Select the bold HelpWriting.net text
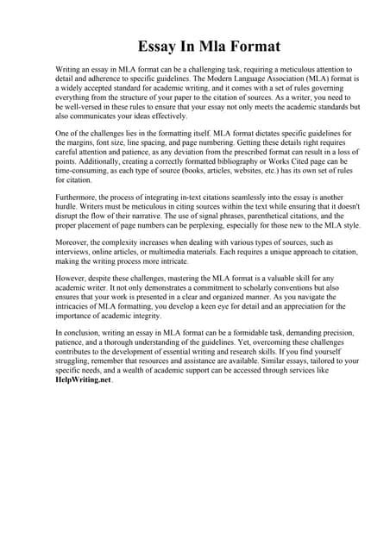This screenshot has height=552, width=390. click(x=79, y=402)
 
